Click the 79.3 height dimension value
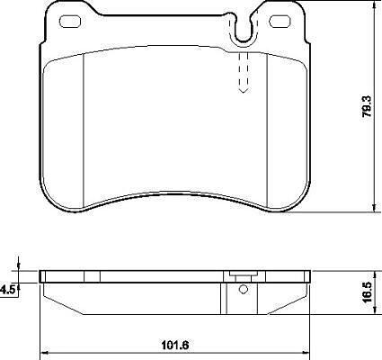pyautogui.click(x=368, y=106)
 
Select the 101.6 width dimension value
pyautogui.click(x=175, y=346)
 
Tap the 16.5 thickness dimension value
pyautogui.click(x=368, y=292)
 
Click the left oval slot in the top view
pyautogui.click(x=70, y=22)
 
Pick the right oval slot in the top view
pyautogui.click(x=280, y=22)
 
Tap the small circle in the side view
pyautogui.click(x=244, y=290)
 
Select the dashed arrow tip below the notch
pyautogui.click(x=244, y=90)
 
